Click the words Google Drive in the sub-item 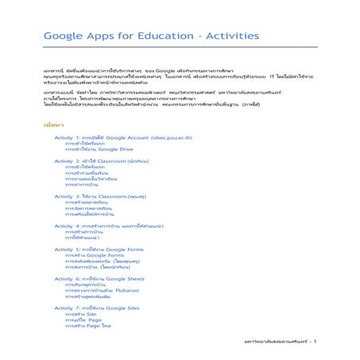[118, 149]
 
